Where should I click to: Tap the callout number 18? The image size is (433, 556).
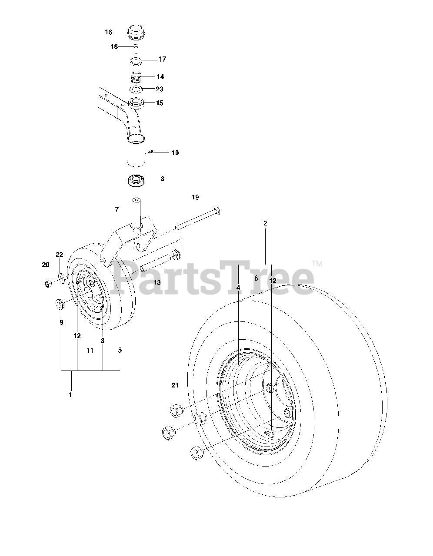114,46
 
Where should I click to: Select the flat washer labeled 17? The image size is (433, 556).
136,60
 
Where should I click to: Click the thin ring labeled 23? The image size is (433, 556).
137,89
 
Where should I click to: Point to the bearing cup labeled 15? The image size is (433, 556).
136,104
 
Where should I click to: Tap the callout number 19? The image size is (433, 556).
195,198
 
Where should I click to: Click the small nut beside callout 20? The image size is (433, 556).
49,284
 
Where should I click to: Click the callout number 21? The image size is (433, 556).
175,385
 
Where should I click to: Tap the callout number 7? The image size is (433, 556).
117,210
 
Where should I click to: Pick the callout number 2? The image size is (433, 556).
265,223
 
